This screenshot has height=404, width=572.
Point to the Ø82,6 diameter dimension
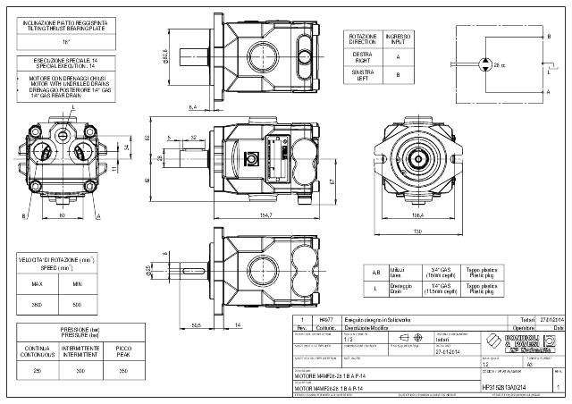click(x=165, y=56)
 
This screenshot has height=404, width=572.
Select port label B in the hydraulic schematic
click(x=547, y=36)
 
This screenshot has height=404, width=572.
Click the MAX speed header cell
click(x=37, y=284)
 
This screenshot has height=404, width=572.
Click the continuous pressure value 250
click(x=37, y=370)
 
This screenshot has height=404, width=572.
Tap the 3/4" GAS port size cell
click(x=442, y=270)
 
